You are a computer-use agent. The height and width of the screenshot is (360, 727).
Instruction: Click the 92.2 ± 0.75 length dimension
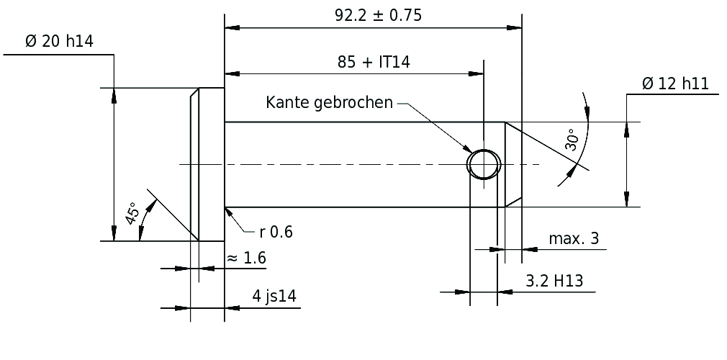click(379, 15)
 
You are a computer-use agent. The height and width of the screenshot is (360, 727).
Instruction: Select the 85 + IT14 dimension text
click(374, 62)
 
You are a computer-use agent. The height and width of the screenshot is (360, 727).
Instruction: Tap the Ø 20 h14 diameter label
click(59, 41)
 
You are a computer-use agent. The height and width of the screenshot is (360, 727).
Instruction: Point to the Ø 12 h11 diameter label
click(676, 84)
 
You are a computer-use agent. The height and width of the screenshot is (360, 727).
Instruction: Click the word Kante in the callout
click(287, 102)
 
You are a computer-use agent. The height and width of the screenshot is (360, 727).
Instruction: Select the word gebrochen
click(353, 103)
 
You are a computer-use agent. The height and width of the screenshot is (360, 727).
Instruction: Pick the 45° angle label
click(132, 213)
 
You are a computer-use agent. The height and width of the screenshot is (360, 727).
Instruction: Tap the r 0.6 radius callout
click(276, 232)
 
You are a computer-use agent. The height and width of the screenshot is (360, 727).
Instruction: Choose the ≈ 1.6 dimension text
click(246, 258)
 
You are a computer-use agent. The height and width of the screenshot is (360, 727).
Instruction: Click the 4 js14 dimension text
click(274, 296)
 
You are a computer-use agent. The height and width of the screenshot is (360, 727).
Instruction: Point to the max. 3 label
click(574, 238)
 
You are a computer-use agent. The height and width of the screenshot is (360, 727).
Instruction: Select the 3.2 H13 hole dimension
click(554, 281)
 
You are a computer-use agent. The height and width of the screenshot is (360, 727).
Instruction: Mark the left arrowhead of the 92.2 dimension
click(232, 28)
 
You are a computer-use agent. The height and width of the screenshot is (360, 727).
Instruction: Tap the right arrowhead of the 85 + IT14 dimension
click(476, 73)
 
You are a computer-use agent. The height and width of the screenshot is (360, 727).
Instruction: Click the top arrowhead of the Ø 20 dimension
click(114, 95)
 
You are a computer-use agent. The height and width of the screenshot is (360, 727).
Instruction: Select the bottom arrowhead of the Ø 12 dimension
click(627, 199)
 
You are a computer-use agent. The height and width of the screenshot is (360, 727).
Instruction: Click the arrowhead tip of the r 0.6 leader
click(225, 208)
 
